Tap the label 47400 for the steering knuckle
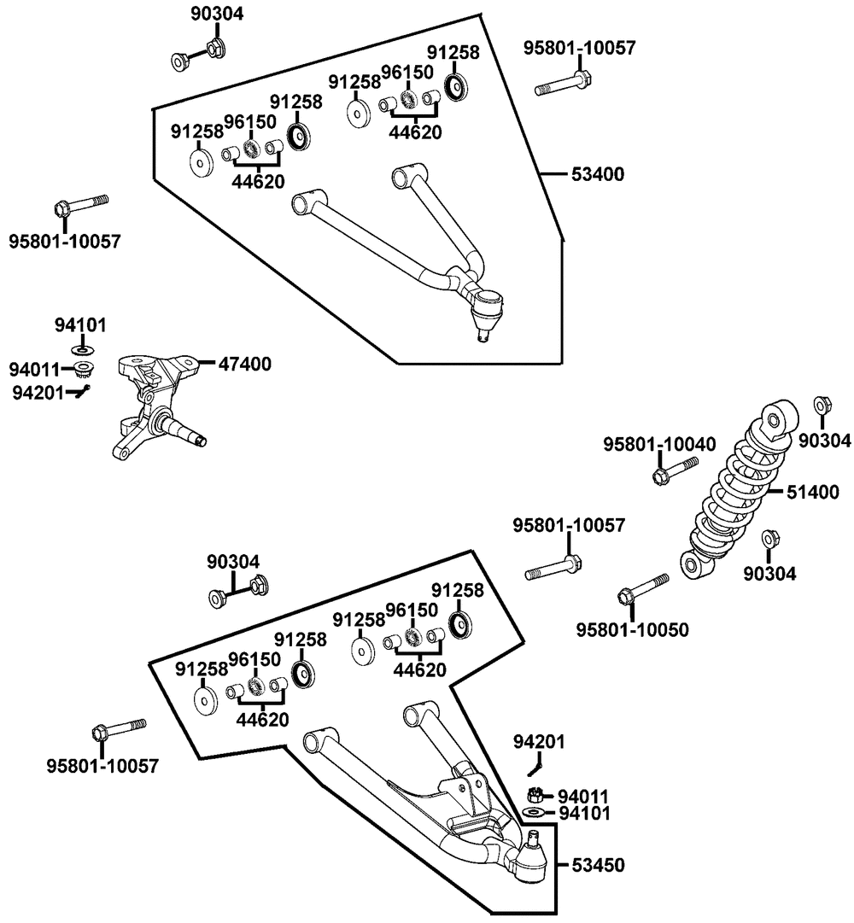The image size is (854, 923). [246, 364]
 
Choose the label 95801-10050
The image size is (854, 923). [632, 629]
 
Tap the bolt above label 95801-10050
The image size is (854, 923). [642, 587]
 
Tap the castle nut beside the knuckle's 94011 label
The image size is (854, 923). [84, 370]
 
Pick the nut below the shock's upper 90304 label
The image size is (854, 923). [822, 405]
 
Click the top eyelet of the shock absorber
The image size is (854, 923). [779, 418]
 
